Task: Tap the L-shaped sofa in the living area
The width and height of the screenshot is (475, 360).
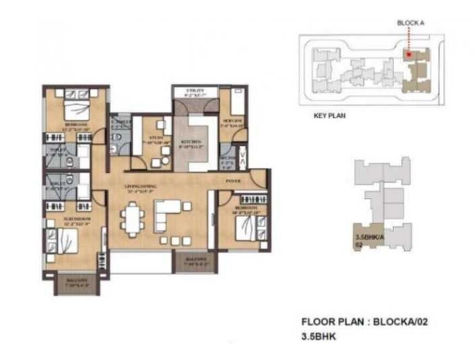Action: [167, 214]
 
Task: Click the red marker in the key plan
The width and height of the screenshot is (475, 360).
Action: [408, 54]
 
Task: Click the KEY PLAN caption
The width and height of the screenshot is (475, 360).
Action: [329, 116]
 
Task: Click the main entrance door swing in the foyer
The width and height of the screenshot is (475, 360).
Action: [257, 178]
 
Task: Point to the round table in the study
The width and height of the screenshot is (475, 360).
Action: [164, 161]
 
